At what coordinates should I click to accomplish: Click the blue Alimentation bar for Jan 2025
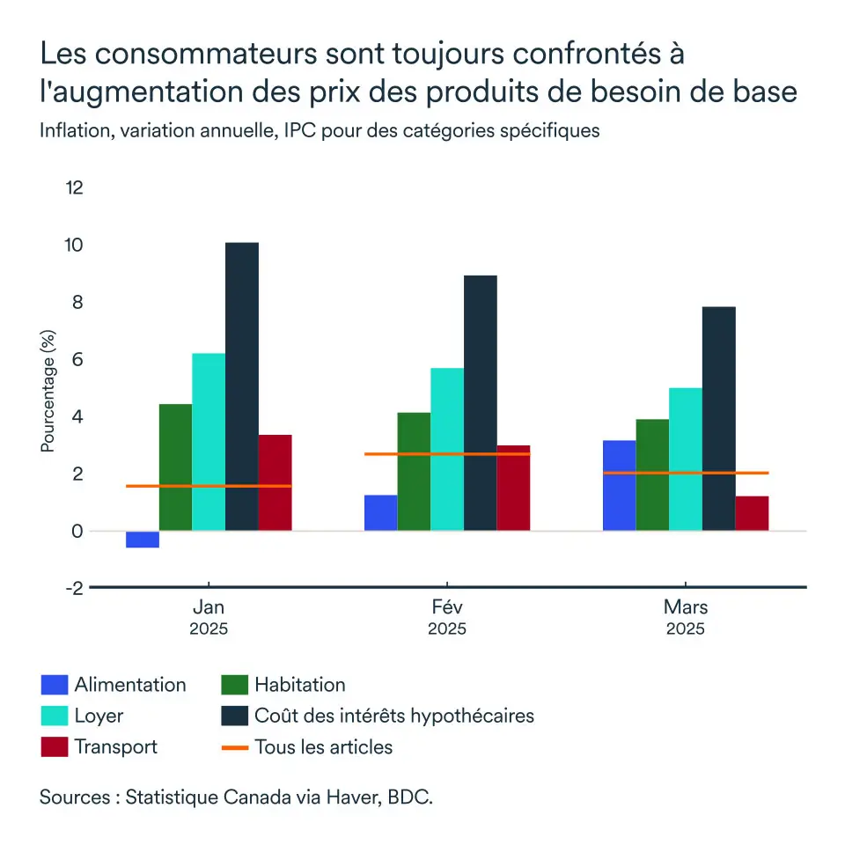click(x=143, y=540)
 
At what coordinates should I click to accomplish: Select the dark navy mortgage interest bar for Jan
click(x=242, y=387)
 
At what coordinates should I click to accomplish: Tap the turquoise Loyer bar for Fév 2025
click(x=447, y=449)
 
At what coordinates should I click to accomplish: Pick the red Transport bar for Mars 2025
click(x=752, y=513)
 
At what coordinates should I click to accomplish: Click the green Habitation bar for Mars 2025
click(x=652, y=475)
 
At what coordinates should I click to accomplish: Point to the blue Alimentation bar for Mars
click(x=619, y=486)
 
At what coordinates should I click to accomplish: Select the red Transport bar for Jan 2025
click(x=275, y=482)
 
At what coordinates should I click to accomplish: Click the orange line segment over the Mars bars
click(x=686, y=473)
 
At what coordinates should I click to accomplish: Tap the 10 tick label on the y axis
click(x=74, y=245)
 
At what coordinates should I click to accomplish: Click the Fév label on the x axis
click(x=447, y=607)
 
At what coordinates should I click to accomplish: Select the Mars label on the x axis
click(x=686, y=607)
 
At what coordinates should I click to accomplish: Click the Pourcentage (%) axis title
click(x=48, y=390)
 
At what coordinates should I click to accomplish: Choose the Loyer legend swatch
click(x=54, y=716)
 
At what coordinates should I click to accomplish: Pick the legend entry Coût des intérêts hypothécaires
click(x=393, y=716)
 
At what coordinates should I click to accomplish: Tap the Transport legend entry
click(x=115, y=747)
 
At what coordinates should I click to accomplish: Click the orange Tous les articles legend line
click(x=234, y=747)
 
